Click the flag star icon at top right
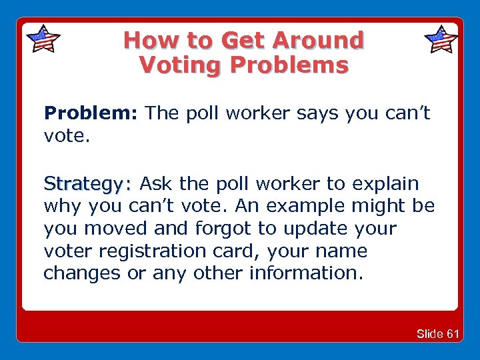coord(441,39)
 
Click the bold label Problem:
coord(91,113)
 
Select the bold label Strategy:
coord(88,183)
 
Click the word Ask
coord(156,183)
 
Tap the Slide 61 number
coord(437,333)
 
